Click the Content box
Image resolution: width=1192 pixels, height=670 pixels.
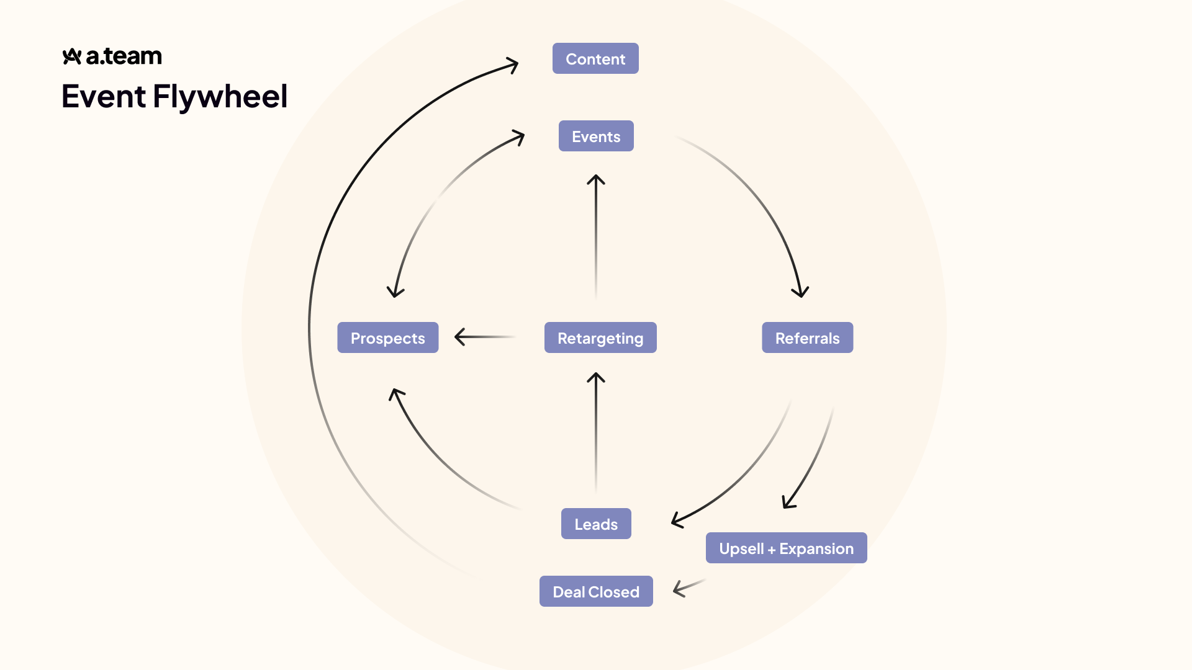click(595, 59)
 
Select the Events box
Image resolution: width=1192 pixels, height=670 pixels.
click(596, 136)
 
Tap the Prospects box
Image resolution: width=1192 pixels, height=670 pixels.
click(387, 338)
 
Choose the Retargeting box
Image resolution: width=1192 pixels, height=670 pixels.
click(600, 338)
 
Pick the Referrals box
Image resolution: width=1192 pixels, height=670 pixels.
click(807, 338)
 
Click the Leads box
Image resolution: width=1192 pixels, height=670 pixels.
click(596, 524)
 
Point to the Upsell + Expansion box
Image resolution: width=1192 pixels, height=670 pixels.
click(786, 548)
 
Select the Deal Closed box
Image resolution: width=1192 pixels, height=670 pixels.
click(596, 592)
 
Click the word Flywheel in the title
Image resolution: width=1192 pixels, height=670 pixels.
click(220, 97)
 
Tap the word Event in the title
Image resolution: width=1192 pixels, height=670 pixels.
click(104, 97)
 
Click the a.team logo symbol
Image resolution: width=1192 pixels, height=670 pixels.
click(72, 56)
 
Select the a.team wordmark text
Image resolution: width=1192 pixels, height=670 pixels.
click(124, 56)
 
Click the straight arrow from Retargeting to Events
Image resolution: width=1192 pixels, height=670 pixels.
click(596, 236)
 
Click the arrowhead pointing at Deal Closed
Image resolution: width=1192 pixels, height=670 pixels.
click(680, 588)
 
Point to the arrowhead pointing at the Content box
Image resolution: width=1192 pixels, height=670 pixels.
click(513, 65)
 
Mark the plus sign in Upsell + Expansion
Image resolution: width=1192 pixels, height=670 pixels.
click(772, 550)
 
